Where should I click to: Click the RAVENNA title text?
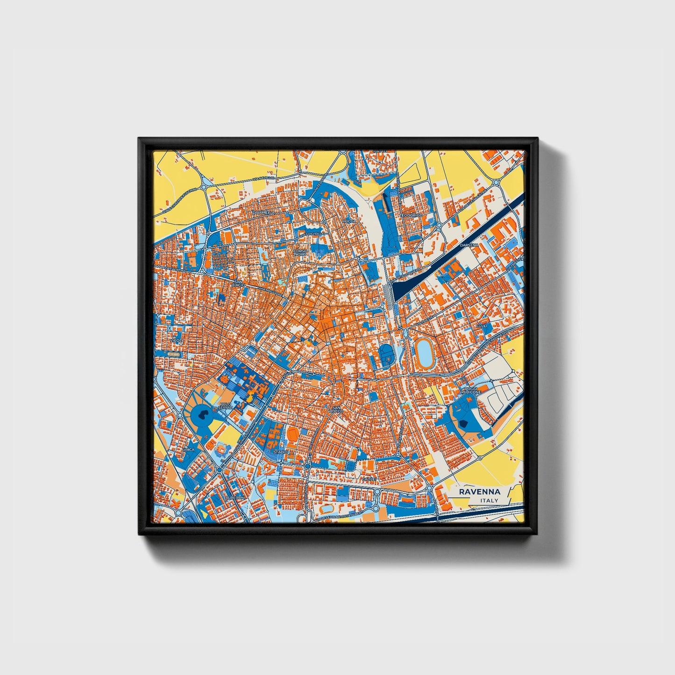pyautogui.click(x=479, y=491)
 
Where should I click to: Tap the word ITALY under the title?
pyautogui.click(x=489, y=500)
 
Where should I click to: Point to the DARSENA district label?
pyautogui.click(x=469, y=245)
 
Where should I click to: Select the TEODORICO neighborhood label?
pyautogui.click(x=412, y=215)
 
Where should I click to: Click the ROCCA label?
pyautogui.click(x=349, y=221)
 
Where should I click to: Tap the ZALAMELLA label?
pyautogui.click(x=262, y=213)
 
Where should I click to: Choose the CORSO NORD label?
pyautogui.click(x=300, y=253)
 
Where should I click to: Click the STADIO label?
pyautogui.click(x=280, y=452)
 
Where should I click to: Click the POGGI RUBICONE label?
pyautogui.click(x=470, y=390)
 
